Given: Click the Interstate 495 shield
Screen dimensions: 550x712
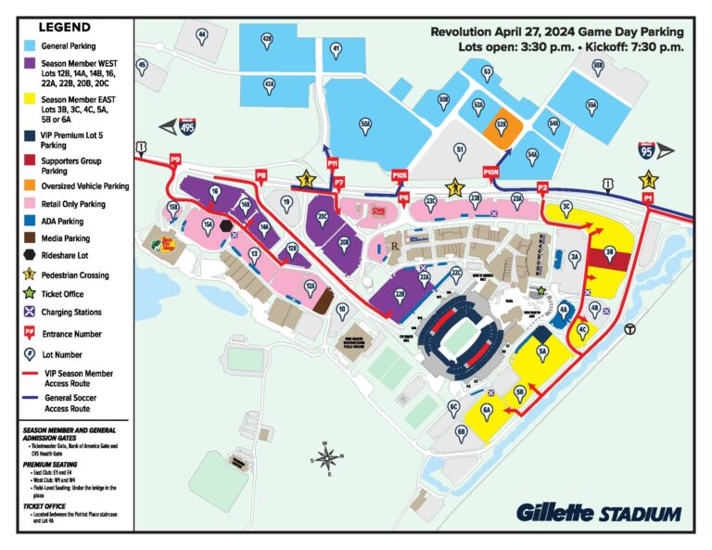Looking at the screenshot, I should (x=188, y=129).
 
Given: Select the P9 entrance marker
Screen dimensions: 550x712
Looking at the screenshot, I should (x=175, y=160).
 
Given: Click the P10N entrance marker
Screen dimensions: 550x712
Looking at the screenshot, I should (x=491, y=172).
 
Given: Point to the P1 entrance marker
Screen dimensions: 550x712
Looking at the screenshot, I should (x=649, y=198).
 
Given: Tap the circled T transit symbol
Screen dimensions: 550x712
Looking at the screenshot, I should (x=629, y=327).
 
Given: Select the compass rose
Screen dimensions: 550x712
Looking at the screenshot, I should (x=327, y=457).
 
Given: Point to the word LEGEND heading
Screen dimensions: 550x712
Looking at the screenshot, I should (x=64, y=27).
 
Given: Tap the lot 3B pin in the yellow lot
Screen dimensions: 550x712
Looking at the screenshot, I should (x=609, y=251).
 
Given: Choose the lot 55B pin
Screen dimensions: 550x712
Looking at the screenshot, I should (x=598, y=66).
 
